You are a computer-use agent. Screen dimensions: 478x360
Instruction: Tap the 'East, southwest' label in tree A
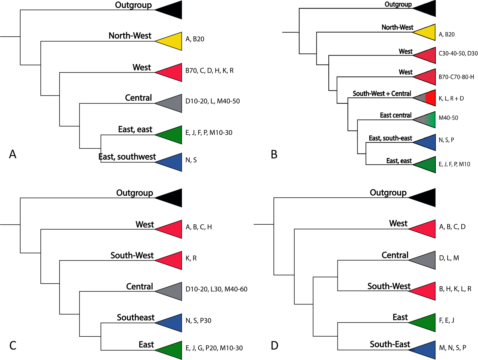[x=127, y=157]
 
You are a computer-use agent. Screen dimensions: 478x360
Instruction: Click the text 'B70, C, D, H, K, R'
[x=209, y=70]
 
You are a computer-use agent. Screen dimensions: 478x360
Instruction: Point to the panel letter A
[x=13, y=154]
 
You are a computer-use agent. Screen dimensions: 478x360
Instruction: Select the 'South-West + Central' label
[x=382, y=93]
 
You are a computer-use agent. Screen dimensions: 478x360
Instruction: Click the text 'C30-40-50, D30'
[x=458, y=53]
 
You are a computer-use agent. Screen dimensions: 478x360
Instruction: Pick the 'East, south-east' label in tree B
[x=391, y=138]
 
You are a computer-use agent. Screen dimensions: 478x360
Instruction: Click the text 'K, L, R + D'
[x=451, y=99]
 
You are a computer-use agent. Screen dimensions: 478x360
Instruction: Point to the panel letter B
[x=274, y=154]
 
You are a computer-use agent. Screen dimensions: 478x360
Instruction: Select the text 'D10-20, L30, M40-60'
[x=216, y=289]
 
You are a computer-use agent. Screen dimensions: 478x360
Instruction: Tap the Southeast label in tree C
[x=136, y=318]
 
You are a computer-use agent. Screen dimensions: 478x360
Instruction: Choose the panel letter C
[x=13, y=345]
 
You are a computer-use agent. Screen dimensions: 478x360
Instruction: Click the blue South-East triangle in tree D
[x=426, y=350]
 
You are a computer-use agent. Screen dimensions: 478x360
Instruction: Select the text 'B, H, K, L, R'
[x=455, y=289]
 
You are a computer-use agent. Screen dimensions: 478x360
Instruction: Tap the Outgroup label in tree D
[x=388, y=193]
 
